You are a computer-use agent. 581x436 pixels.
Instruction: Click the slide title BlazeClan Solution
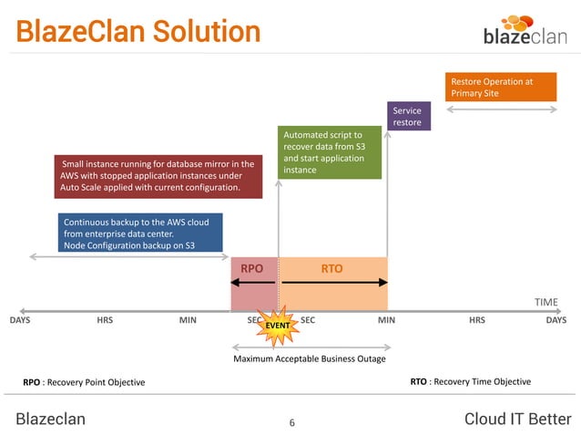(138, 32)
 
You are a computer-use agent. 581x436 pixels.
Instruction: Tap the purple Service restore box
(407, 116)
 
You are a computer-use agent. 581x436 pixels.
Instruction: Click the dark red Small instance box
(158, 175)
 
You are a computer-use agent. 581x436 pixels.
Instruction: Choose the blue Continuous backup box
(139, 233)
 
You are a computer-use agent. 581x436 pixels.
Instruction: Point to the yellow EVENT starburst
(277, 324)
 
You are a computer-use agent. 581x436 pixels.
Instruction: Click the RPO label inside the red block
(252, 269)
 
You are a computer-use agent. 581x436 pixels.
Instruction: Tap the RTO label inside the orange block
(332, 269)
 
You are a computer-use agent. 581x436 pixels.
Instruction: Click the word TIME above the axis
(545, 302)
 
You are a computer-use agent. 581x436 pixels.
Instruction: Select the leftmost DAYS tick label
(19, 320)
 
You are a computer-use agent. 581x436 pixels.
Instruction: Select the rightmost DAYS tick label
(556, 320)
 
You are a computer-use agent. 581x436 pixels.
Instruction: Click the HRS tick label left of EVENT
(105, 320)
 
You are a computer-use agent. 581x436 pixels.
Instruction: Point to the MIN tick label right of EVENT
(386, 320)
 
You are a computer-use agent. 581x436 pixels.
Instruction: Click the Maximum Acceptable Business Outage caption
(310, 358)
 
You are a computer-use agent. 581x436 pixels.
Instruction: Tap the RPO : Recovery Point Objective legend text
(84, 381)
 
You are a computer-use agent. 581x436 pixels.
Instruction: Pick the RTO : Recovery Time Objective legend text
(471, 381)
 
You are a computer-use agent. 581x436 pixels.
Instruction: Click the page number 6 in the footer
(291, 422)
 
